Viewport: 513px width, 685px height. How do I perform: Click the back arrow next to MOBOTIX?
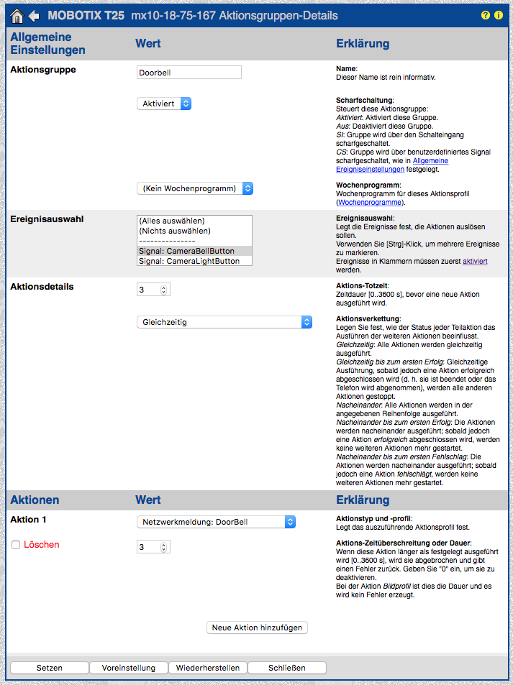(34, 16)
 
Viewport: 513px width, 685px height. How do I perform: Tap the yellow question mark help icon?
(486, 15)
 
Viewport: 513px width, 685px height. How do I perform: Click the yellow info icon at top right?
(499, 15)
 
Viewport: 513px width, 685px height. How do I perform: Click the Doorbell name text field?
(189, 73)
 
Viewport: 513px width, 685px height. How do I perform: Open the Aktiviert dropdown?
(164, 104)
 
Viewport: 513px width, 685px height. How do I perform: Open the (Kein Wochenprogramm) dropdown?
(195, 188)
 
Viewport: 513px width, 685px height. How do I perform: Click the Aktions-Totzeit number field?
(148, 290)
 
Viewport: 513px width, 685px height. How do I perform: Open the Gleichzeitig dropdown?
(224, 322)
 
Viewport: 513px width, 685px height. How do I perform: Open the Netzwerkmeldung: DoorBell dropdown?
(216, 522)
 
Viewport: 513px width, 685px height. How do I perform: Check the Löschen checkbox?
(16, 546)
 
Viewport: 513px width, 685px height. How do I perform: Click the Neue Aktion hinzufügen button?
(258, 627)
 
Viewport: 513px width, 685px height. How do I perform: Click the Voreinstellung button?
(128, 668)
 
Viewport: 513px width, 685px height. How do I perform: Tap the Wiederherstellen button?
(208, 668)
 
